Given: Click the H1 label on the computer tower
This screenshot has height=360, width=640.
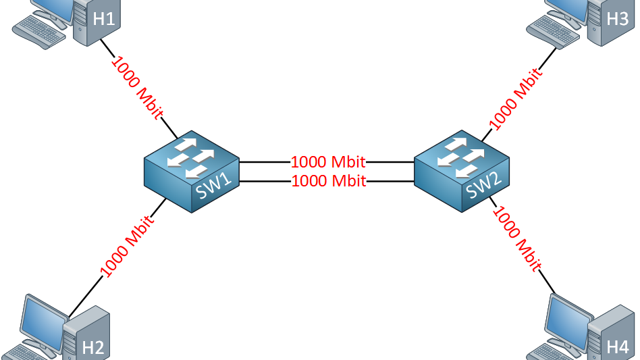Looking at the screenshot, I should click(x=103, y=19).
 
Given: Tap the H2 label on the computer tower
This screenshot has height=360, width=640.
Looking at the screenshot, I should click(x=93, y=348).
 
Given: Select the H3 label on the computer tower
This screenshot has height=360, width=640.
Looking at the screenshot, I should click(x=617, y=19).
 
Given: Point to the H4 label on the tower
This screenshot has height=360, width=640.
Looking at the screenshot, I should click(x=617, y=347).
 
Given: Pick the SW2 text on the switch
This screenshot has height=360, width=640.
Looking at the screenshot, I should click(x=484, y=186).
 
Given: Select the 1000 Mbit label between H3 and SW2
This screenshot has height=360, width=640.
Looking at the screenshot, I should click(x=515, y=98).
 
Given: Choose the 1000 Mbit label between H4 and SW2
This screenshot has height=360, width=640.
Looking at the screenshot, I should click(x=517, y=239).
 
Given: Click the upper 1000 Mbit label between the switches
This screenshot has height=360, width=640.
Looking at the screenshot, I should click(x=328, y=162).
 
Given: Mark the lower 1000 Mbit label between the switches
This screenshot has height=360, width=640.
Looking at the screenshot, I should click(x=328, y=181).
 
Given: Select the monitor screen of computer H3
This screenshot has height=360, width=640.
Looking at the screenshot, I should click(x=570, y=8).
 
